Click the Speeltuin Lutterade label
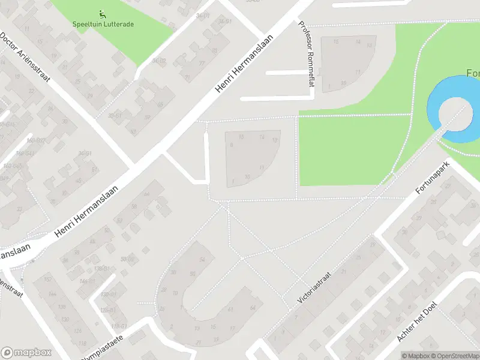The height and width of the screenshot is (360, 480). click(103, 24)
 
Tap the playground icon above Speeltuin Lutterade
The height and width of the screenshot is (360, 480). click(102, 14)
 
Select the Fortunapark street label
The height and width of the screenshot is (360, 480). click(433, 181)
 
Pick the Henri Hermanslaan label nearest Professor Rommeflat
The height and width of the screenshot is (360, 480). click(244, 62)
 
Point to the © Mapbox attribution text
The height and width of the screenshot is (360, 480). click(416, 356)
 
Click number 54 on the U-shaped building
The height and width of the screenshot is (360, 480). click(202, 259)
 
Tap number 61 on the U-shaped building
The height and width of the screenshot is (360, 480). click(230, 309)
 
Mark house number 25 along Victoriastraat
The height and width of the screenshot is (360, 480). click(359, 257)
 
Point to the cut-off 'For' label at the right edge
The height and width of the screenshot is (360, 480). click(473, 73)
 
